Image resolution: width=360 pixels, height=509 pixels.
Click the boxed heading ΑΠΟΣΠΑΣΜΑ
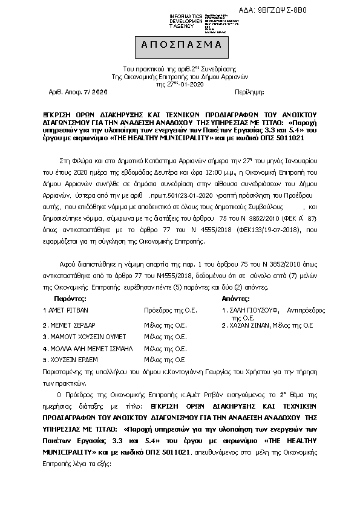pos(180,45)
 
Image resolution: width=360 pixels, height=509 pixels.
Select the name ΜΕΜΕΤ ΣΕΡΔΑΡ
pos(68,324)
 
